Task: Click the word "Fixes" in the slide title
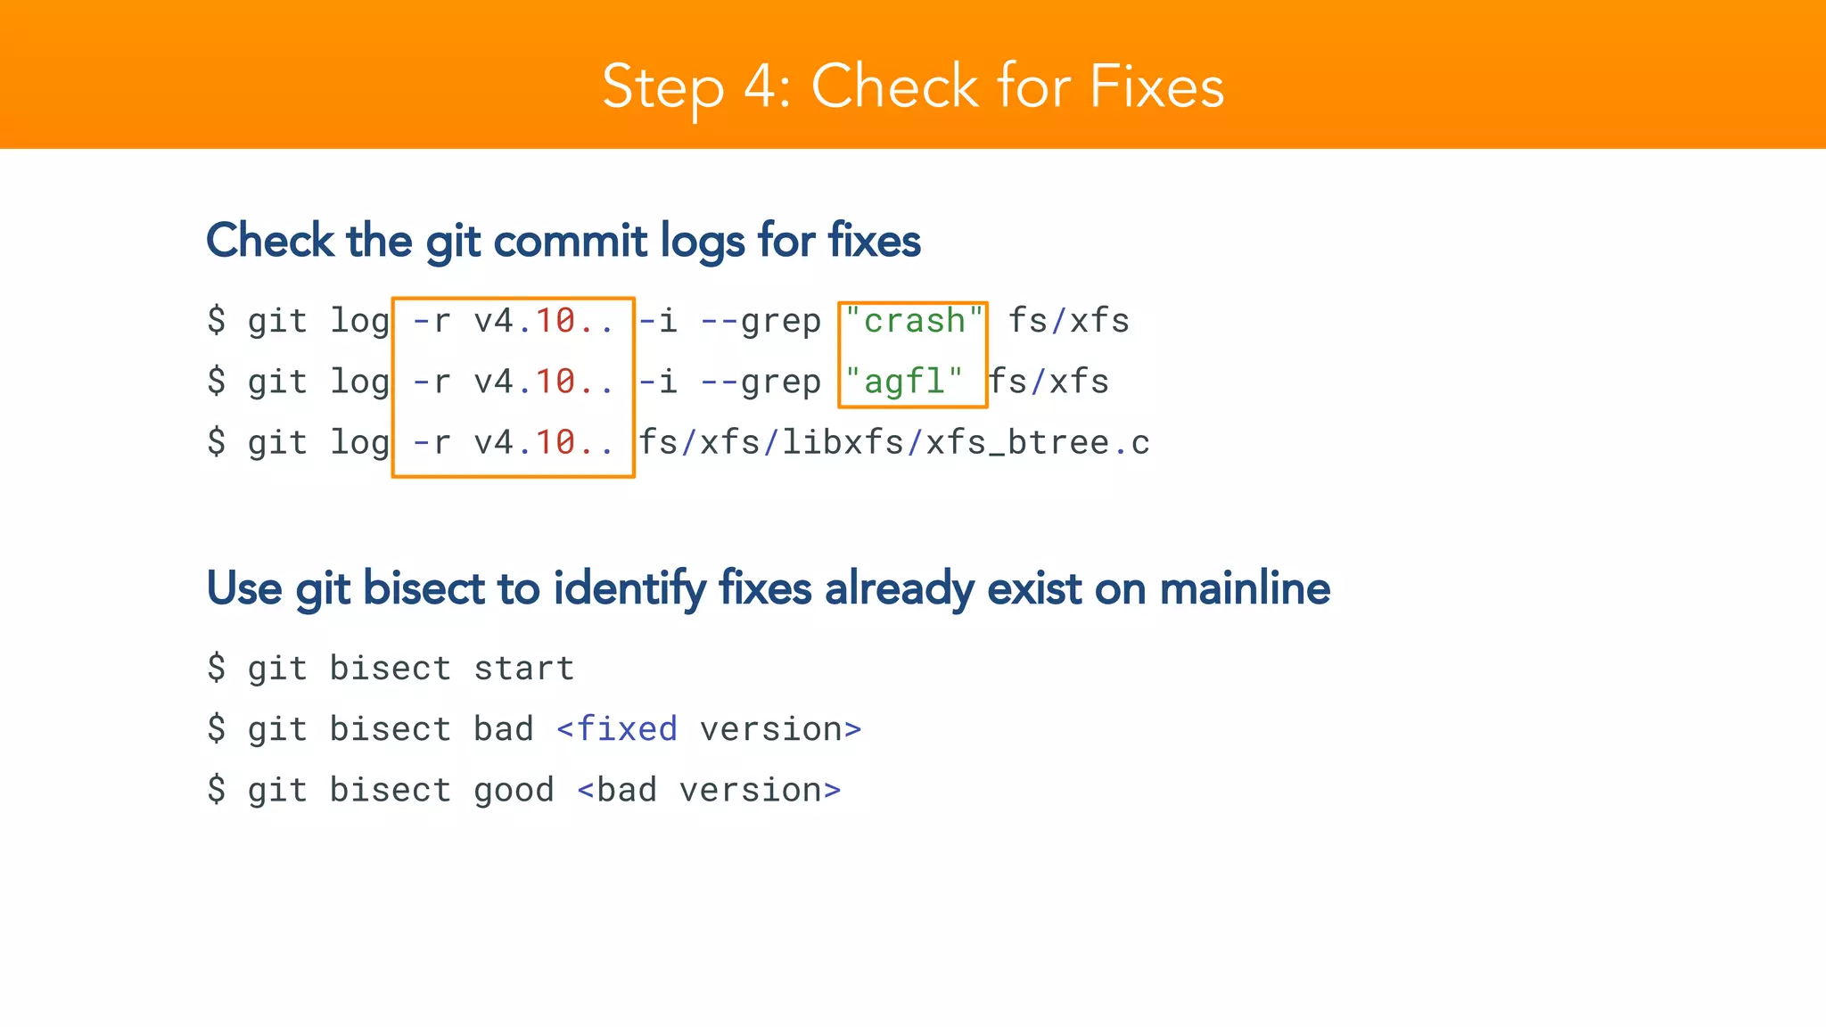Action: pyautogui.click(x=1156, y=86)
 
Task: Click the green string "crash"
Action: pyautogui.click(x=914, y=321)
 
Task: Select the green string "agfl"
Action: pyautogui.click(x=904, y=382)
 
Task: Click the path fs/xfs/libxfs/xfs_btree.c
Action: pyautogui.click(x=894, y=443)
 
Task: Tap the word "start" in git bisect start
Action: pyautogui.click(x=524, y=669)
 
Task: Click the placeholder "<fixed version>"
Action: pyautogui.click(x=709, y=729)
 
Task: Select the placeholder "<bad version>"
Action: pyautogui.click(x=709, y=790)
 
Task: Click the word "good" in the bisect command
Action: pyautogui.click(x=514, y=790)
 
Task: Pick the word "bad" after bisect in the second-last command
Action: pyautogui.click(x=504, y=729)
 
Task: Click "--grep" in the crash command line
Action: pyautogui.click(x=761, y=321)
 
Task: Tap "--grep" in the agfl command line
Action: pyautogui.click(x=761, y=382)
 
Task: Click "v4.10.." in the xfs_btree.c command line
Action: pyautogui.click(x=544, y=443)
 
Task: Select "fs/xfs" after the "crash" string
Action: pyautogui.click(x=1069, y=321)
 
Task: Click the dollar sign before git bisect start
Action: pyautogui.click(x=217, y=669)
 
